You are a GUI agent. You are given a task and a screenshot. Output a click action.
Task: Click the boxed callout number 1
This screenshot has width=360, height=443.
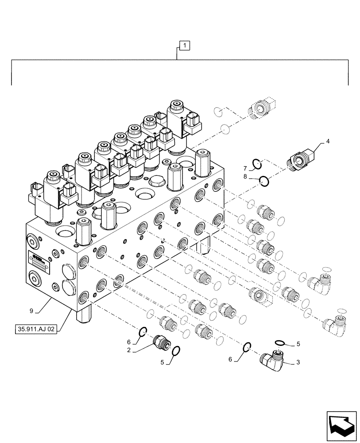184,45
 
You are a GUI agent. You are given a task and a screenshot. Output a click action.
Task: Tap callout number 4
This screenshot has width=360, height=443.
328,142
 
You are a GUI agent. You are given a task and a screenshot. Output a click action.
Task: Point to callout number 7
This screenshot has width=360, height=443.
245,169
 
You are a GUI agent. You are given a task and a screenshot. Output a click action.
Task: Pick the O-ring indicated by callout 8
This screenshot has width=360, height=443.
263,180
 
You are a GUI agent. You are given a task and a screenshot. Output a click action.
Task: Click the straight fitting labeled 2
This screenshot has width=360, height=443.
159,342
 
